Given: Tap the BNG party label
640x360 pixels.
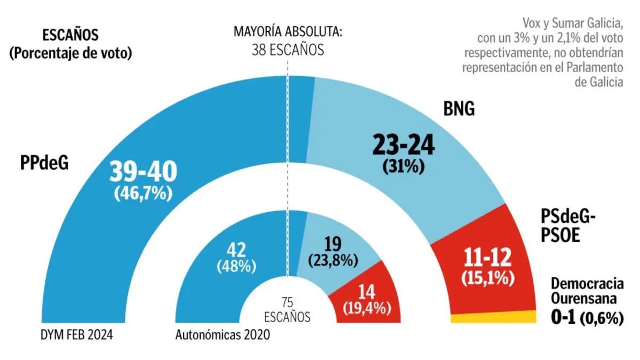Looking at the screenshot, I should pos(459,110).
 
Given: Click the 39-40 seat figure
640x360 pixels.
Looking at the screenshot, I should pos(143,172).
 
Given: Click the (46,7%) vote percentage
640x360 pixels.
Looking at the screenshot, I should pos(143,193).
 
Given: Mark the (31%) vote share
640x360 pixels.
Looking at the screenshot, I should pos(403,166).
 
